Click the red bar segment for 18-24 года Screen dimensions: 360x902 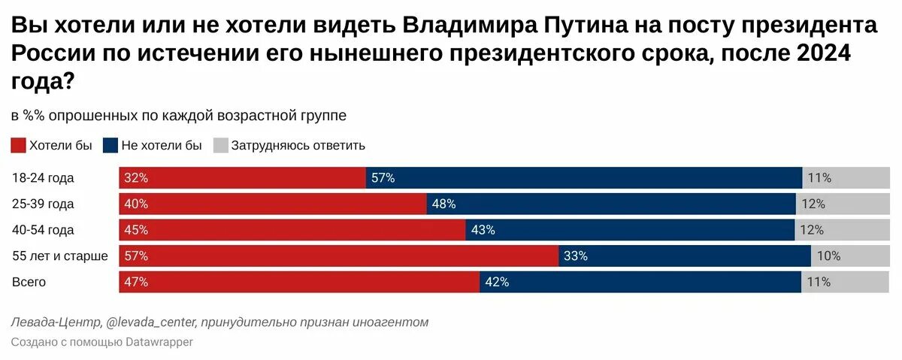click(x=242, y=178)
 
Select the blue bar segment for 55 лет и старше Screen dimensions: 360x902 click(x=684, y=256)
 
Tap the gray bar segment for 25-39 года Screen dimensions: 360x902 click(x=841, y=204)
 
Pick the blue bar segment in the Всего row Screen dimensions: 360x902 click(x=640, y=283)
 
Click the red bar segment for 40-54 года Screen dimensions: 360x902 click(x=292, y=230)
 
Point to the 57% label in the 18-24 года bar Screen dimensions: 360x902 click(x=383, y=178)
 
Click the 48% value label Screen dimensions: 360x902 click(x=444, y=204)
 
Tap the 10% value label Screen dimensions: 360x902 click(x=828, y=256)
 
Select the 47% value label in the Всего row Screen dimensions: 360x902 click(x=137, y=283)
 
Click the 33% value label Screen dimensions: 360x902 click(x=575, y=256)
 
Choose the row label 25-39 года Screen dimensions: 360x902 click(x=43, y=204)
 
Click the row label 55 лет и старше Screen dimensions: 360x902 click(x=60, y=256)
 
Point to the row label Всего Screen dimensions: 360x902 click(x=29, y=283)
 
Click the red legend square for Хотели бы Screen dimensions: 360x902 click(x=19, y=146)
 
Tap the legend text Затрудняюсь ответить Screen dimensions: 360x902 click(x=298, y=146)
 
